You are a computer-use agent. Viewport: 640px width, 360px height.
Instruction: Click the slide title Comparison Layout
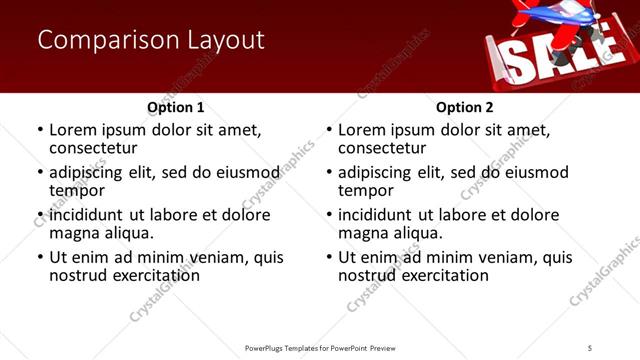pyautogui.click(x=151, y=40)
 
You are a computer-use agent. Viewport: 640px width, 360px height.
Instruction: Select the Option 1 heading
pyautogui.click(x=176, y=107)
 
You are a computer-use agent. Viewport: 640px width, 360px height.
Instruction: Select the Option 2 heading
pyautogui.click(x=465, y=107)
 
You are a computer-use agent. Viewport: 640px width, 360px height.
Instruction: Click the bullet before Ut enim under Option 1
pyautogui.click(x=40, y=257)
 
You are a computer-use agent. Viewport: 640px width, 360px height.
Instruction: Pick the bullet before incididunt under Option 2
pyautogui.click(x=329, y=215)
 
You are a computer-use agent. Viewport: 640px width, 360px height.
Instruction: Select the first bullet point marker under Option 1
pyautogui.click(x=40, y=130)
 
